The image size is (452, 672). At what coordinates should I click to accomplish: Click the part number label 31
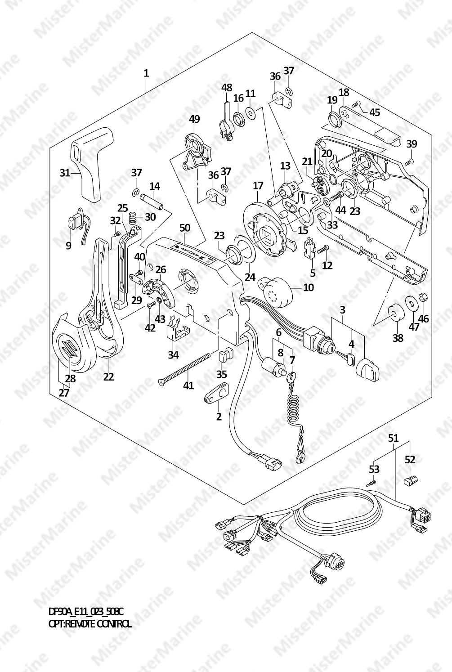tap(65, 172)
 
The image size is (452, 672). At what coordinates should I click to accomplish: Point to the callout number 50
tap(185, 228)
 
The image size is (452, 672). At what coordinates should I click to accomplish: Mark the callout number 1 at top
tap(146, 73)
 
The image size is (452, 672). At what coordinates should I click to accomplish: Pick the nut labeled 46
tap(423, 297)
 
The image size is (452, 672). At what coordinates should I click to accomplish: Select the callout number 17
tap(258, 185)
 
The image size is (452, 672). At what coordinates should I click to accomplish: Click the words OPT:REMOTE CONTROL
tap(90, 623)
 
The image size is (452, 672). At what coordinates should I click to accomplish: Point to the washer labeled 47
tap(411, 304)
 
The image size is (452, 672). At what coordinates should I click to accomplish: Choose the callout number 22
tap(108, 376)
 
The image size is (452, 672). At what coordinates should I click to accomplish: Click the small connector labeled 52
tap(410, 481)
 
